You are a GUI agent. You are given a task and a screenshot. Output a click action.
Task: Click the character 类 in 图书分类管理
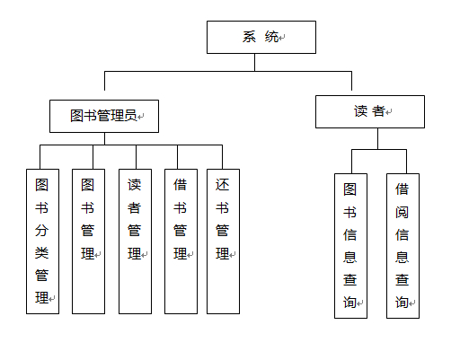(x=41, y=253)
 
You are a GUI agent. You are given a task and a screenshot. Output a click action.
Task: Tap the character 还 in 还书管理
(x=222, y=185)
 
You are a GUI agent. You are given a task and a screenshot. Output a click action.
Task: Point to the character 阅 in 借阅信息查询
(x=402, y=212)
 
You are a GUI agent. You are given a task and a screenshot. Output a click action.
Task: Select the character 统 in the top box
(x=271, y=37)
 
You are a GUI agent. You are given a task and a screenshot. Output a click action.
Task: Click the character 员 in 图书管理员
(x=130, y=116)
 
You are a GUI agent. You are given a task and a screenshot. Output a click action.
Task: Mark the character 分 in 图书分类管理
(x=41, y=231)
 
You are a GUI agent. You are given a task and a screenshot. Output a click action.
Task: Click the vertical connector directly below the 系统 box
(x=254, y=63)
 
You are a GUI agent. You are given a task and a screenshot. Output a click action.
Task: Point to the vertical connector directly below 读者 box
(x=377, y=138)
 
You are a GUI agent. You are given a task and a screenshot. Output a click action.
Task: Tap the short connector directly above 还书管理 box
(x=222, y=157)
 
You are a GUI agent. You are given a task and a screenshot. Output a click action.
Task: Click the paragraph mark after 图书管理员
(x=141, y=117)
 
